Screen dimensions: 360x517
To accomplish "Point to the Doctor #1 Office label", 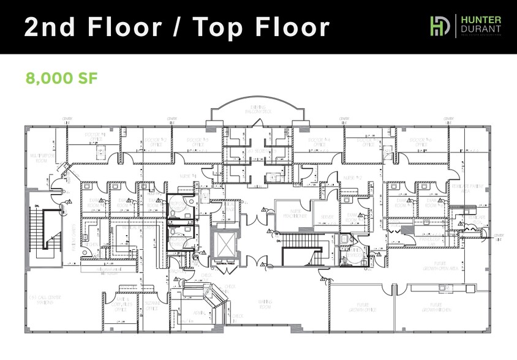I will (x=96, y=136).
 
